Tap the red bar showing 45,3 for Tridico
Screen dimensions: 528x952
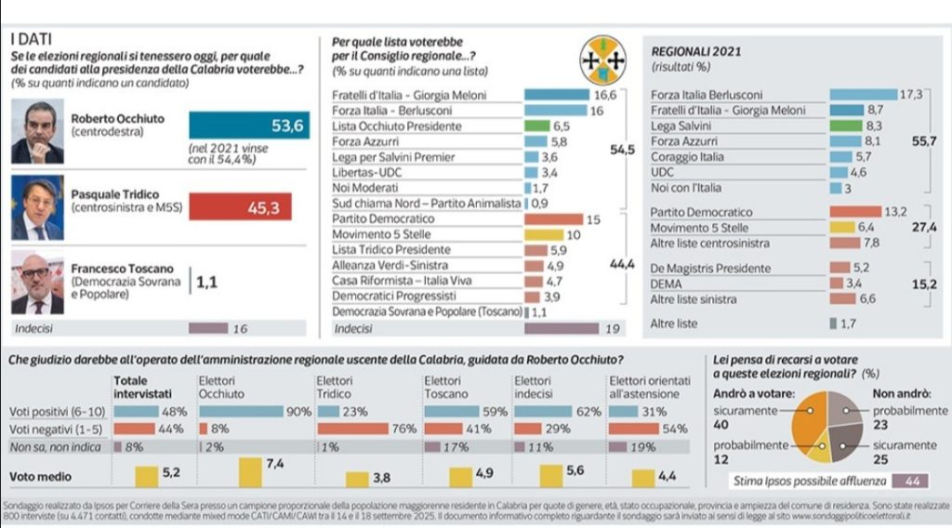tap(240, 207)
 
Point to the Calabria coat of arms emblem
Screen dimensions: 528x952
tap(603, 61)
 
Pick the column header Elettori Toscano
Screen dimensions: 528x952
tap(448, 387)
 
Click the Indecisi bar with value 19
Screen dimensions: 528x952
tap(562, 328)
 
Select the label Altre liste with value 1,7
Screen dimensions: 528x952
tap(675, 323)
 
